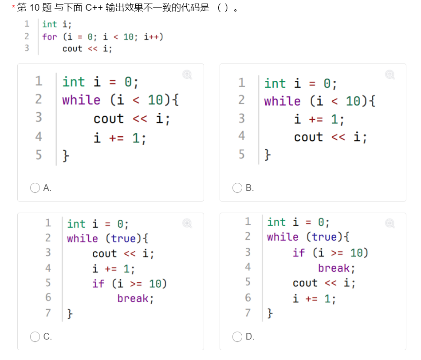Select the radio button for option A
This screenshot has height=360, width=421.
coord(35,188)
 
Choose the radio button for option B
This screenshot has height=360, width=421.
coord(237,188)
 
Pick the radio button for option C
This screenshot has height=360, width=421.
coord(35,337)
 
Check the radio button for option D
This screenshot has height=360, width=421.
coord(237,337)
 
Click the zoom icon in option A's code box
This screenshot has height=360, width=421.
coord(187,75)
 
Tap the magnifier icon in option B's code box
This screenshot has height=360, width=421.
coord(390,75)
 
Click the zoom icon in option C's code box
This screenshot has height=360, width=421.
coord(187,223)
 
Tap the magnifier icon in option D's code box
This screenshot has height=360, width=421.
coord(390,223)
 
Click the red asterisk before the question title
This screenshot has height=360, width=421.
coord(14,8)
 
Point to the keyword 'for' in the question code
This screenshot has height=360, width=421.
coord(50,37)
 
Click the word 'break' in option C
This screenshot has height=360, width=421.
coord(133,299)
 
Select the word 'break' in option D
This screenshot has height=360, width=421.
coord(334,269)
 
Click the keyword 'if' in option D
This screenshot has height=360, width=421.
coord(299,253)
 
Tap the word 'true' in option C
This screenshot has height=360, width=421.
coord(123,239)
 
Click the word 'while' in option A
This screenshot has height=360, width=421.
coord(81,100)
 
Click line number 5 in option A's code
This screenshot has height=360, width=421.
coord(39,155)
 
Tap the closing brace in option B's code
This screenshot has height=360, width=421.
coord(267,155)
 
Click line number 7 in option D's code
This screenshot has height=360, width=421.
coord(248,313)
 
